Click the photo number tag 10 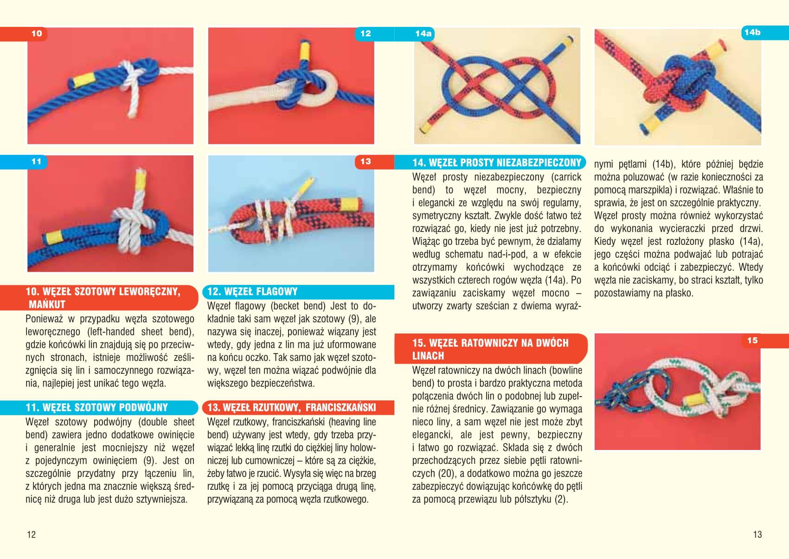[x=37, y=34]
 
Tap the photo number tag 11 [x=37, y=162]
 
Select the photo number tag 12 [x=366, y=34]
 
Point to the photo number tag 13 [x=366, y=162]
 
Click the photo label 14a [x=423, y=34]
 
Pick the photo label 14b [x=752, y=32]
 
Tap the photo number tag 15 [x=752, y=341]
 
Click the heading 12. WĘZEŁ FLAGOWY [x=252, y=292]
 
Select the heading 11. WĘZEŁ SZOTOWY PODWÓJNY [x=97, y=408]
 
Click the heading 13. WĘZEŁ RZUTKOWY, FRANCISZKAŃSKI [x=292, y=408]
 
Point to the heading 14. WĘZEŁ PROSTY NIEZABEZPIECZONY [x=497, y=162]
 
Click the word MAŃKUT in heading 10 [x=47, y=304]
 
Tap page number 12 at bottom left [x=32, y=535]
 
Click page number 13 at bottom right [x=757, y=535]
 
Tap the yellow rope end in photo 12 [x=305, y=51]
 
